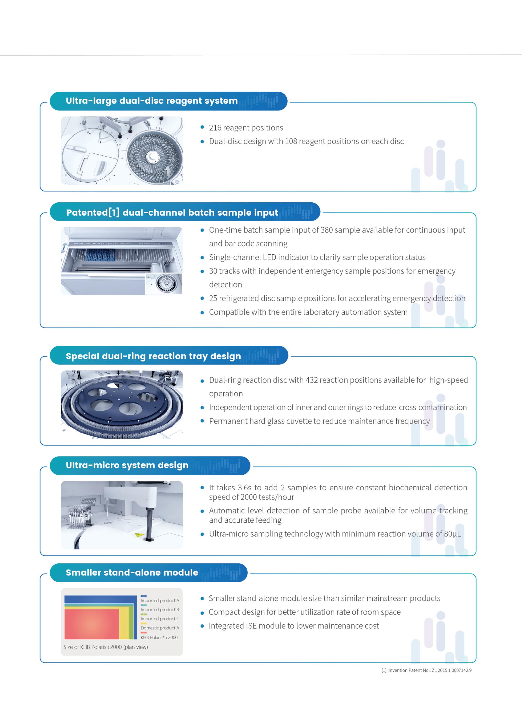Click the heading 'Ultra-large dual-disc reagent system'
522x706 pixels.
pyautogui.click(x=152, y=101)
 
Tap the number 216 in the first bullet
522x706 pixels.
pyautogui.click(x=215, y=128)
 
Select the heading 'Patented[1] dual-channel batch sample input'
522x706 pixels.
pyautogui.click(x=172, y=212)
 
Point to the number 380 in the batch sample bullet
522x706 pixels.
pyautogui.click(x=327, y=230)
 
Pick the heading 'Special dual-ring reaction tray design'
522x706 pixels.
pyautogui.click(x=153, y=356)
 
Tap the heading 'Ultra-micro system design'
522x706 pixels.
pyautogui.click(x=127, y=465)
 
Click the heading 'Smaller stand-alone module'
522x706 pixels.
pyautogui.click(x=132, y=572)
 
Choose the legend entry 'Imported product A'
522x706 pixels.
pyautogui.click(x=160, y=600)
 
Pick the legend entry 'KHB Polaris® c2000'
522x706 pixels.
pyautogui.click(x=159, y=638)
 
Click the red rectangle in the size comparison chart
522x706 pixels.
pyautogui.click(x=92, y=624)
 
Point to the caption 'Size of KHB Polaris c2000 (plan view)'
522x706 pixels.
pyautogui.click(x=106, y=647)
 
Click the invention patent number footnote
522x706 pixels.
pyautogui.click(x=426, y=670)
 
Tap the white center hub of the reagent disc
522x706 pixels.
pyautogui.click(x=153, y=156)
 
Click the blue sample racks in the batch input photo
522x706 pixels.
pyautogui.click(x=100, y=254)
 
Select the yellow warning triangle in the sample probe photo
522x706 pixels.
pyautogui.click(x=138, y=535)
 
